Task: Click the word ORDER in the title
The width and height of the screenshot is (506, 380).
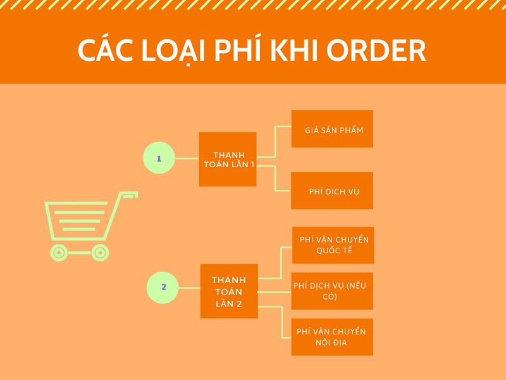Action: pos(376,51)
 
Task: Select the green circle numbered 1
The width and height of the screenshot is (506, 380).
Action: pos(159,158)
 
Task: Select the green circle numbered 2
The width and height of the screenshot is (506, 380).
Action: pos(163,288)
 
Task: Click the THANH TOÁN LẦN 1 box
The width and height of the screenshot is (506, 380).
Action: pos(228,160)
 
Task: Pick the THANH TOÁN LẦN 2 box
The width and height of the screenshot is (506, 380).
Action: pos(229,291)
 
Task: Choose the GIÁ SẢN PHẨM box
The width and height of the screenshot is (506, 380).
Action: pos(333,129)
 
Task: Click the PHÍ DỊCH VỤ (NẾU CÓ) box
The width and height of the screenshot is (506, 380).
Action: pos(333,291)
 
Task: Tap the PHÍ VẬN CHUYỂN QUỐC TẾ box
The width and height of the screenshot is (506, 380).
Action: pos(333,245)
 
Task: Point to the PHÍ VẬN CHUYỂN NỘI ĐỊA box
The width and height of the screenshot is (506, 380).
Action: pos(333,337)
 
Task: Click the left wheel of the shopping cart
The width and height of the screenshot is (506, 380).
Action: pos(59,253)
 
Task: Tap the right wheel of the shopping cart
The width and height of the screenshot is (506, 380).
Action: pos(100,253)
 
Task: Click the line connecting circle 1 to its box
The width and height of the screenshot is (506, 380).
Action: pos(187,158)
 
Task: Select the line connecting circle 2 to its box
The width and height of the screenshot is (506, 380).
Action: pos(189,288)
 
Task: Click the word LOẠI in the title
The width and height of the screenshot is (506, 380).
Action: pos(173,51)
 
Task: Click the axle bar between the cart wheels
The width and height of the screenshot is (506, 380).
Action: pos(80,253)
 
